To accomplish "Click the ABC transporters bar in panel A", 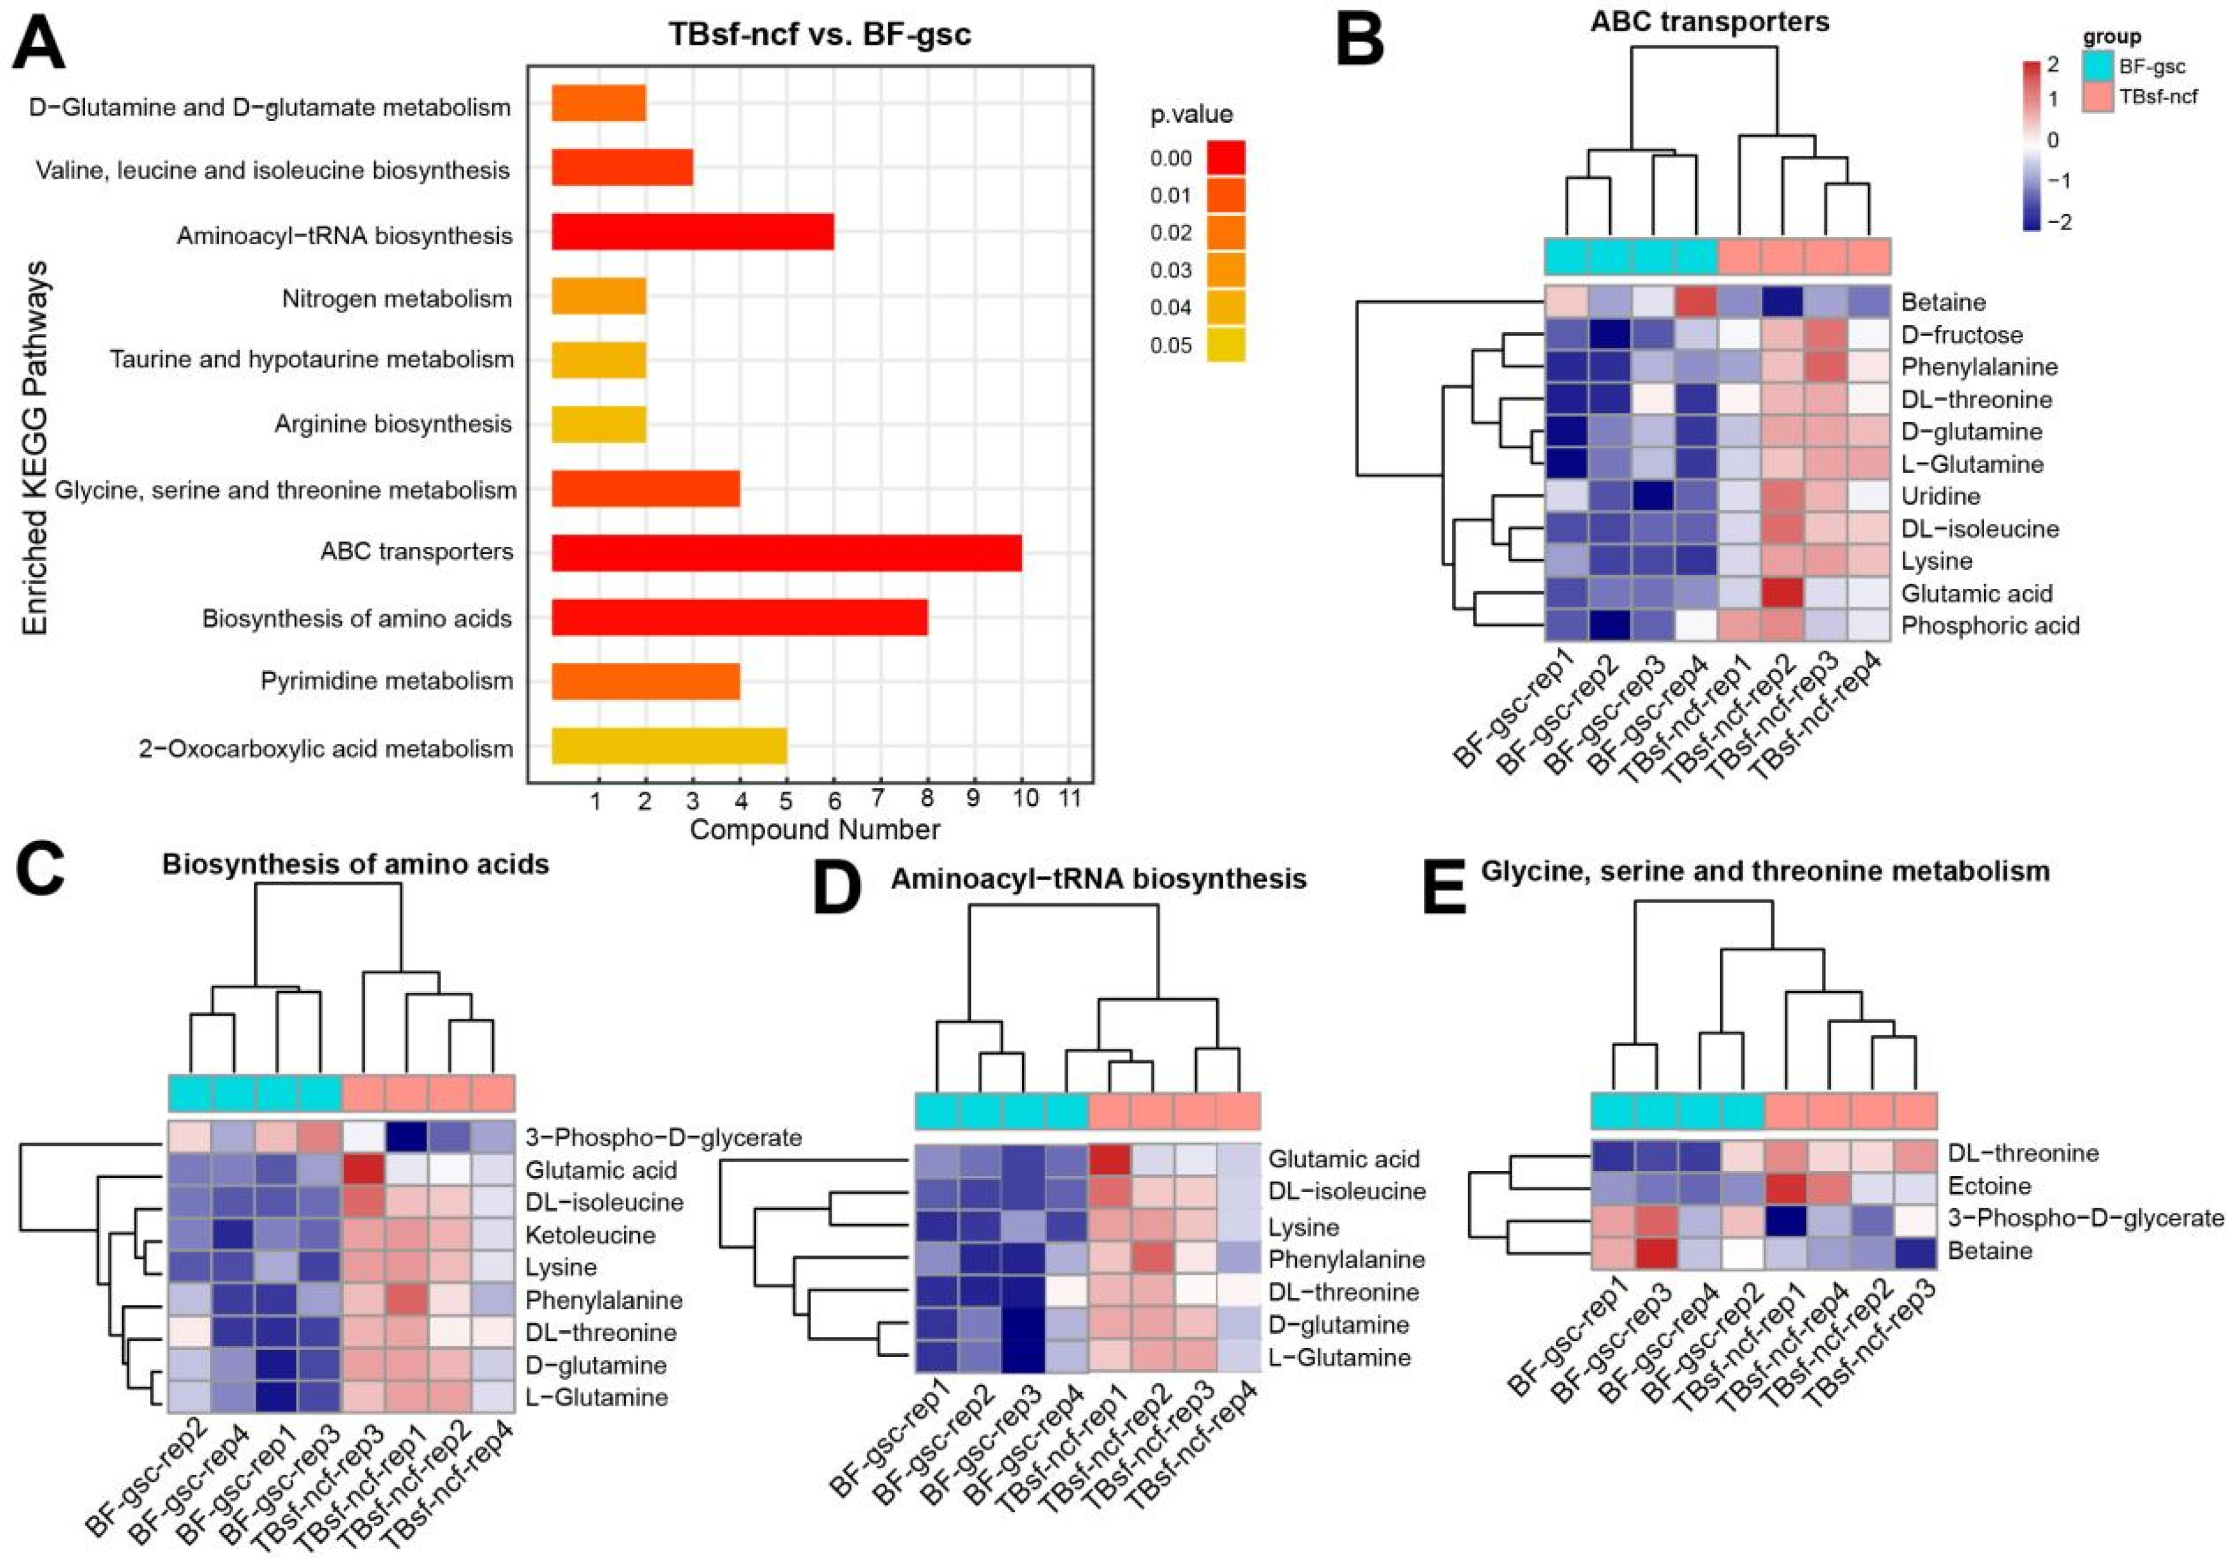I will click(x=787, y=552).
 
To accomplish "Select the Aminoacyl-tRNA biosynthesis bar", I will click(x=692, y=235).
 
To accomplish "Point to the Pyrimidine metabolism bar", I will click(x=646, y=681).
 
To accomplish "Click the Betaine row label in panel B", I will click(x=1943, y=302).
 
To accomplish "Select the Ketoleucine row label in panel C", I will click(x=590, y=1235).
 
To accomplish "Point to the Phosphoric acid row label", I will click(x=1989, y=625).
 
